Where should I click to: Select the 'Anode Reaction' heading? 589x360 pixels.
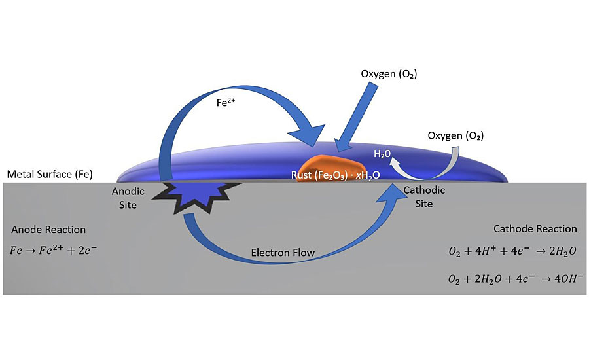point(48,230)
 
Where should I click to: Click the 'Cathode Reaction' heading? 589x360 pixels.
point(535,229)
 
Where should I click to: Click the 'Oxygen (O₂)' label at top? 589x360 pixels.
point(389,74)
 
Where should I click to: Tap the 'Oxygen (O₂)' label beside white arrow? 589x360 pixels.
point(455,136)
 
